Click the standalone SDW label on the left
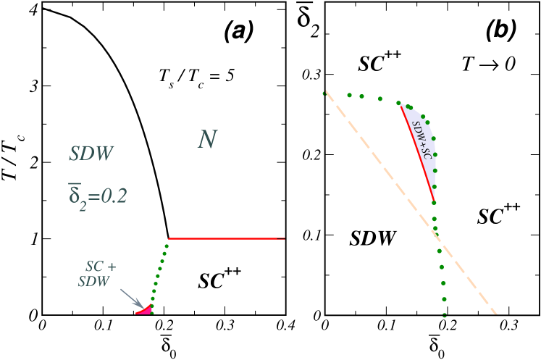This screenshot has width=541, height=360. tap(91, 154)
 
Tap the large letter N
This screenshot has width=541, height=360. tap(208, 140)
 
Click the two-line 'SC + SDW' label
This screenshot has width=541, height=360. tap(97, 274)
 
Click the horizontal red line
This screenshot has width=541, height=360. tap(227, 238)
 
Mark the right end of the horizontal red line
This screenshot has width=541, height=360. tap(284, 238)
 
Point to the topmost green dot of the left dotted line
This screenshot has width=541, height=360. tap(167, 246)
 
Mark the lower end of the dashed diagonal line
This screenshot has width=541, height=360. tap(496, 313)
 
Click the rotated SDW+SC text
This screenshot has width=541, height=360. tap(422, 140)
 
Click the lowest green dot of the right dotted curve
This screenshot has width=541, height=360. tap(444, 315)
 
